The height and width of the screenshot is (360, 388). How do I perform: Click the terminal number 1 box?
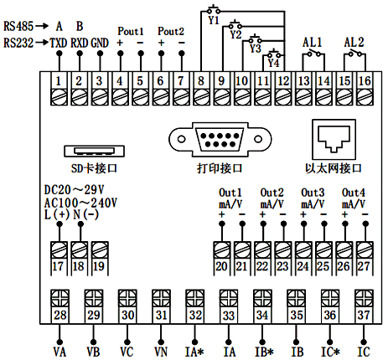point(59,81)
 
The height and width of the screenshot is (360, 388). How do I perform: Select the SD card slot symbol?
point(96,151)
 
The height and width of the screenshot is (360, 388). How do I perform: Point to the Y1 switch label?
point(214,17)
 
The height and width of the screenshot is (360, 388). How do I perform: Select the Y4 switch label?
point(274,61)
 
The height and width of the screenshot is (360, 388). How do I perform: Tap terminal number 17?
point(59,267)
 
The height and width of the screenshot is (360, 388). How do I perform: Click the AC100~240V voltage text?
point(79,203)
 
